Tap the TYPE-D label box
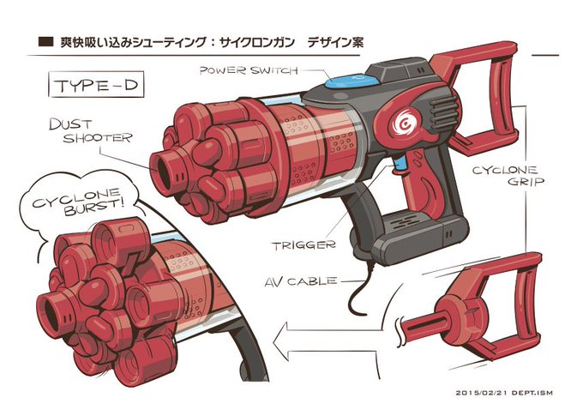96,84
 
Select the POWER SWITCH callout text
249,70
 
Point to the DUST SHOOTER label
91,131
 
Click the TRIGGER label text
304,245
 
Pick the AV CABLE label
302,281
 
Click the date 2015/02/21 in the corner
482,393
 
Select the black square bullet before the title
45,42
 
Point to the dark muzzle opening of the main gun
164,172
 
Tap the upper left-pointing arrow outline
331,329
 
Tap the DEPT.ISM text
532,393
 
